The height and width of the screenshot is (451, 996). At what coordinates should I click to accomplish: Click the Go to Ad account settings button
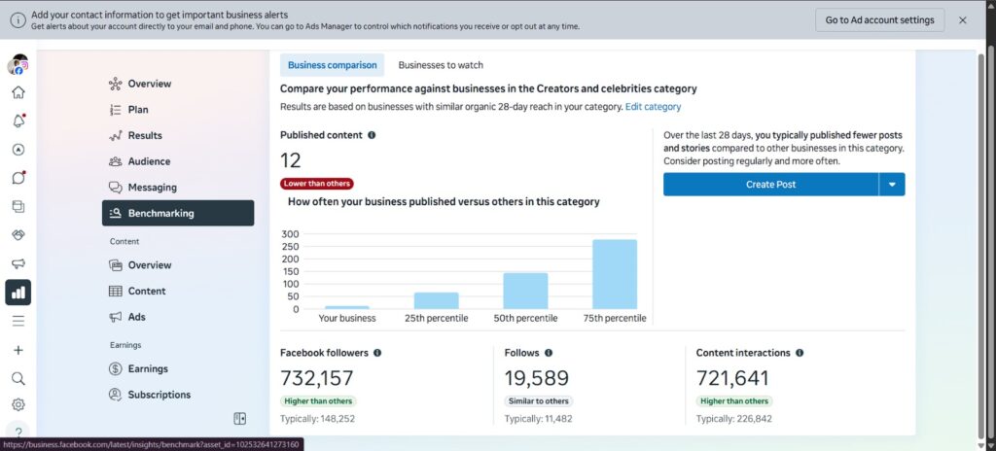click(879, 19)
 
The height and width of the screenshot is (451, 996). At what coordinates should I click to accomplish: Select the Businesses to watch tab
click(441, 65)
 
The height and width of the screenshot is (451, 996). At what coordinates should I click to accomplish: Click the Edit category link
click(653, 107)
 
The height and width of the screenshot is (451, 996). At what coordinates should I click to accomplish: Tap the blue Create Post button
click(770, 185)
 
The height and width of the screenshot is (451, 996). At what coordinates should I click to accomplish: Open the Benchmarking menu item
click(178, 213)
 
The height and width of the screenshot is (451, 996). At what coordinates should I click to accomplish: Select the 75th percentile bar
click(615, 274)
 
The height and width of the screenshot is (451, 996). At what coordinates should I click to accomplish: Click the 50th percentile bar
click(525, 291)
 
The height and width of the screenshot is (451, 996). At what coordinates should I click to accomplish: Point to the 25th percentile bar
click(437, 301)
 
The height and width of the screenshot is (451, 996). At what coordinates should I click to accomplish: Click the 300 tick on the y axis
click(290, 233)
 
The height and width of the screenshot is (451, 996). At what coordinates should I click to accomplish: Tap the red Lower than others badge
click(317, 184)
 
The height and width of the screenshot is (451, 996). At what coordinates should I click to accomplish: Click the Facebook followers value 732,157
click(316, 378)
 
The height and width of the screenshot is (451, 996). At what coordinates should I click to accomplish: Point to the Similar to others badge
click(539, 400)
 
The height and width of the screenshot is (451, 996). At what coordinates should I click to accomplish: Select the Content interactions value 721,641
click(732, 378)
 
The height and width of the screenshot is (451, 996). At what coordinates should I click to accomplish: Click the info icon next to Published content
click(372, 135)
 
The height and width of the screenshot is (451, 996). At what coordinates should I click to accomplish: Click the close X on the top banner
click(962, 19)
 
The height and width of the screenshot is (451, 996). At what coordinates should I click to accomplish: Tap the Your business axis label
click(347, 318)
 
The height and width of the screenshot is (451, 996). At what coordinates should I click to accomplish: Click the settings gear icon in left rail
click(18, 404)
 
